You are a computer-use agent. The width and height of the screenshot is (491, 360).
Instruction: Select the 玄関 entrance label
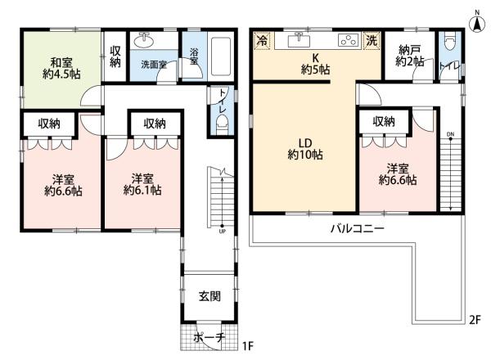(x=209, y=295)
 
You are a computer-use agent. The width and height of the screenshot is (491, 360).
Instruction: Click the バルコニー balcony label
(x=358, y=228)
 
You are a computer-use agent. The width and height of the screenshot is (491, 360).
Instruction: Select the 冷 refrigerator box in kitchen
(x=262, y=39)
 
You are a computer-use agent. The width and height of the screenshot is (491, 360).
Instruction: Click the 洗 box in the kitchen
(x=372, y=39)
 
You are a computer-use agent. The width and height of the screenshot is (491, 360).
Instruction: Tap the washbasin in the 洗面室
(x=146, y=39)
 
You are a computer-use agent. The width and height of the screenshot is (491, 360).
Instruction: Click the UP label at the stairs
(x=222, y=230)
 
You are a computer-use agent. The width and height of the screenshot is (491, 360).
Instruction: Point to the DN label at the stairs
(x=450, y=134)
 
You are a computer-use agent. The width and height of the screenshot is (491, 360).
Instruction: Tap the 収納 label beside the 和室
(x=116, y=56)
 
